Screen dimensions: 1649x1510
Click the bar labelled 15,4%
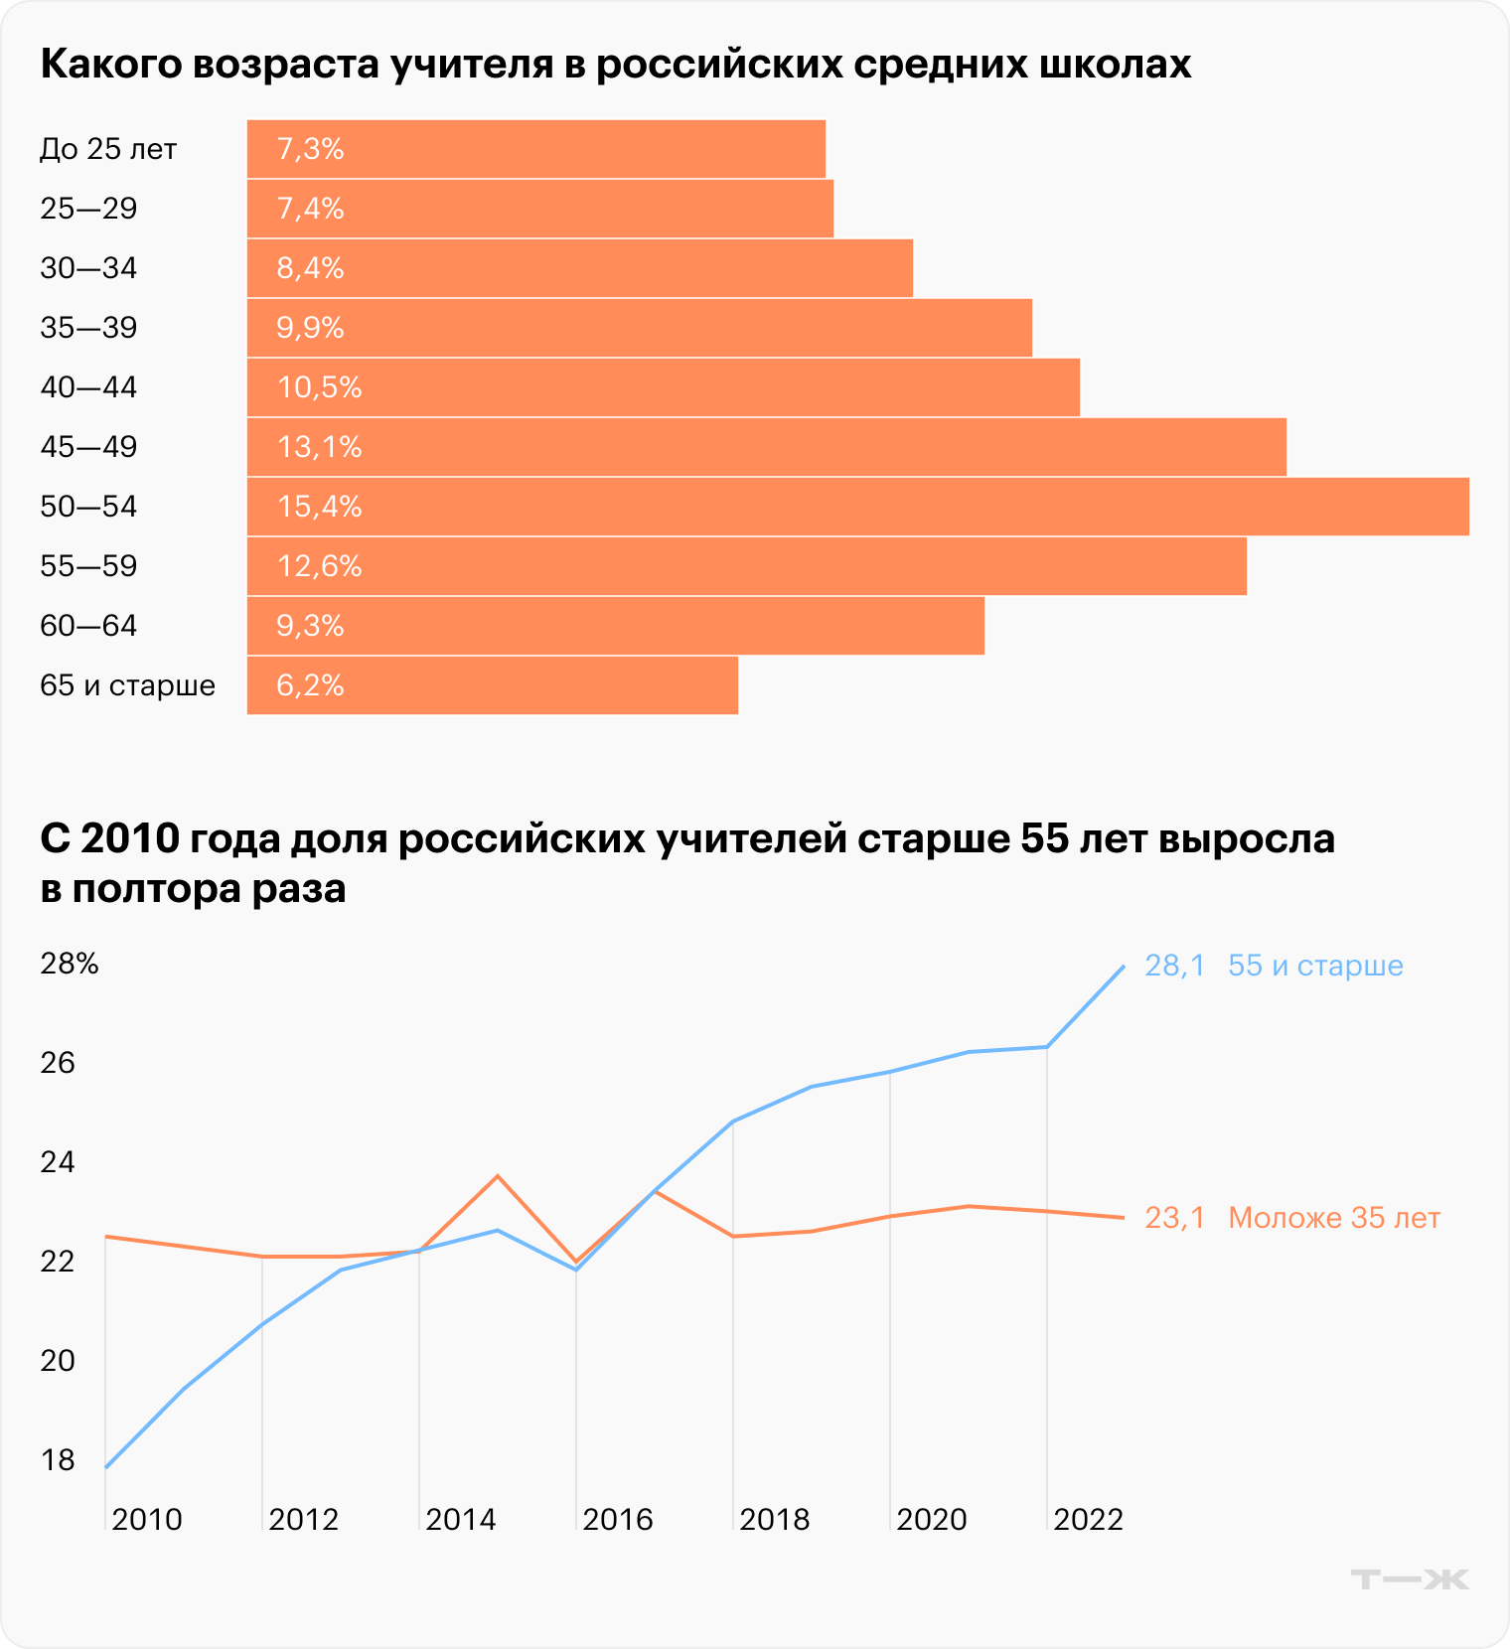tap(857, 507)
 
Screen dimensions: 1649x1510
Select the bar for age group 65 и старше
tap(492, 685)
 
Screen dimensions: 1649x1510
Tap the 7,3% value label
tap(310, 149)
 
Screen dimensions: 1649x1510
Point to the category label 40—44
tap(88, 387)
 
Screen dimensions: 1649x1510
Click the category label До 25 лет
tap(108, 149)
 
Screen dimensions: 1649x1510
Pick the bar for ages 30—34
tap(579, 268)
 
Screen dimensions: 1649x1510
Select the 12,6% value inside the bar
tap(319, 566)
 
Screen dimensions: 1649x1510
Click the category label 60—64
tap(88, 626)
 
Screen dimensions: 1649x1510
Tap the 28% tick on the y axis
tap(70, 964)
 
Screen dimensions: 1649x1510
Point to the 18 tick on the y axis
tap(58, 1460)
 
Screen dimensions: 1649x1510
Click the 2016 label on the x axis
tap(618, 1520)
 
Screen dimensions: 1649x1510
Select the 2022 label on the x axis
tap(1088, 1520)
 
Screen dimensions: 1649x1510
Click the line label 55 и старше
tap(1315, 966)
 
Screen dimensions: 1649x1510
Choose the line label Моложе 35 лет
tap(1334, 1218)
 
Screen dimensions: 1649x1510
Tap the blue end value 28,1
tap(1174, 966)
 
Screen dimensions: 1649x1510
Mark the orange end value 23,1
tap(1174, 1218)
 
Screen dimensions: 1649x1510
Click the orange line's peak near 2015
tap(498, 1176)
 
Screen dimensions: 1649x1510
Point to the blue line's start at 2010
tap(106, 1466)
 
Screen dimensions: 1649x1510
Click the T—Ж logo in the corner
tap(1410, 1578)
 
